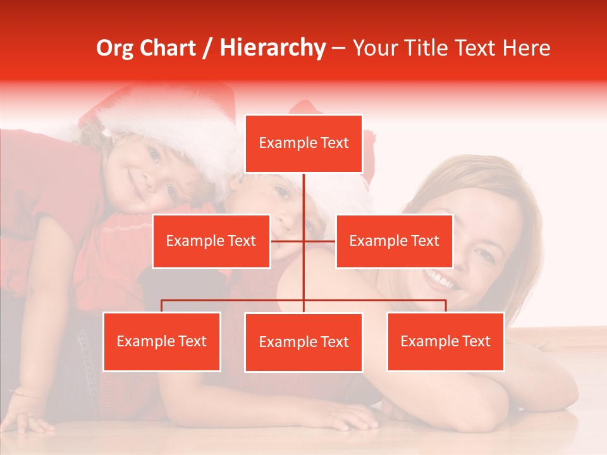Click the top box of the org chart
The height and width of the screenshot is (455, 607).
[303, 143]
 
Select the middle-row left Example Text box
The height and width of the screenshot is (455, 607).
[211, 241]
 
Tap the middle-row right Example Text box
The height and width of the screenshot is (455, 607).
[394, 241]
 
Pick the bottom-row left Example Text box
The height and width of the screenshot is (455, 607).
[161, 341]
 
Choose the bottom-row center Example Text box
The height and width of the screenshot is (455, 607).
[303, 342]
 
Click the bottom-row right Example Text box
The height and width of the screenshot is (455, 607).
[445, 341]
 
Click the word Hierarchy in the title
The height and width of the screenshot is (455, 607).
[272, 48]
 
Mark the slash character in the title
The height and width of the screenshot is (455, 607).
[207, 48]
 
